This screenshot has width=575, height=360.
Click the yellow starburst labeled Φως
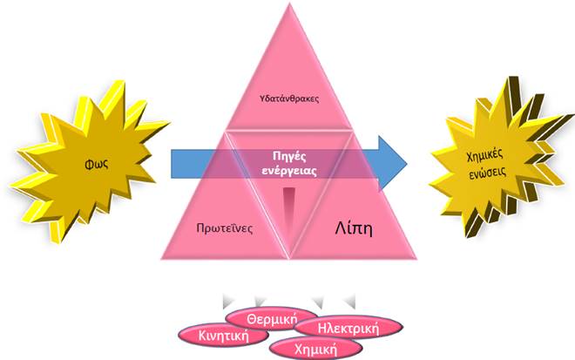point(83,161)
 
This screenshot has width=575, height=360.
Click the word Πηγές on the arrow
point(291,154)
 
